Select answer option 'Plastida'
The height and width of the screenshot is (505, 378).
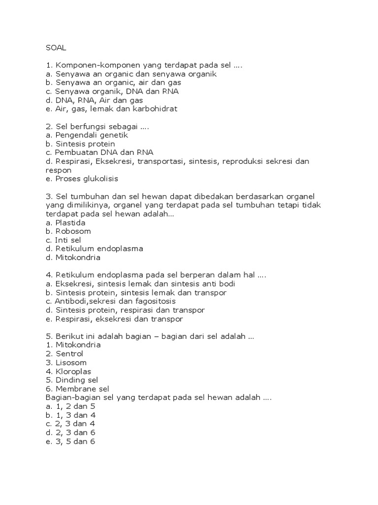[68, 222]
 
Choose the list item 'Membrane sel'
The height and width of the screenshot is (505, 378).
[77, 389]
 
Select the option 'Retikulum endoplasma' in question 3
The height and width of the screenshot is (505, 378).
[94, 249]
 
